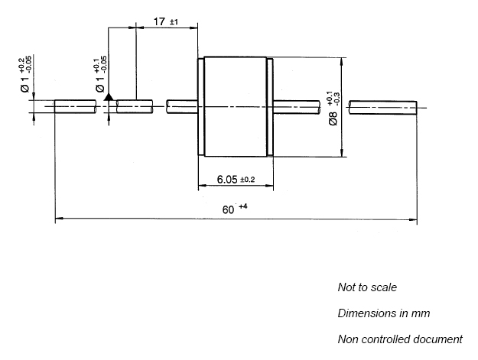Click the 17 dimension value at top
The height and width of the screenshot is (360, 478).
[x=159, y=21]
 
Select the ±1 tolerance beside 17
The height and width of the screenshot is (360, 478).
[x=174, y=22]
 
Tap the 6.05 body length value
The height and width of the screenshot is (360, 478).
[x=227, y=180]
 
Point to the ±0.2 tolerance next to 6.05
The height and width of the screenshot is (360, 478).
[x=247, y=180]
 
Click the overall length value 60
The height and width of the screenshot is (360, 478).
[x=228, y=210]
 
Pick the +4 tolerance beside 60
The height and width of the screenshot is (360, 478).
[x=243, y=207]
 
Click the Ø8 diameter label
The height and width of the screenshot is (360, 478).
[x=333, y=118]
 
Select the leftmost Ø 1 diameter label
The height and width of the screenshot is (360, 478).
[x=24, y=84]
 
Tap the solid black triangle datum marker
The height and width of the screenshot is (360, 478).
[x=109, y=97]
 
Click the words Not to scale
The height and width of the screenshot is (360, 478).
[x=367, y=287]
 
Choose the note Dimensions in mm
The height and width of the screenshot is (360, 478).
[x=384, y=313]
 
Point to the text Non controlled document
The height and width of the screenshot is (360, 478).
[x=400, y=339]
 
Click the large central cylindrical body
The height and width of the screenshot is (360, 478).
[x=235, y=106]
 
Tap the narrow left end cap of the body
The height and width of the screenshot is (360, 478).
[x=201, y=106]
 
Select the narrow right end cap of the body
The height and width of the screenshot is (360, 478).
[x=270, y=107]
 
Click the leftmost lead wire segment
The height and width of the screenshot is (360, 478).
[x=75, y=106]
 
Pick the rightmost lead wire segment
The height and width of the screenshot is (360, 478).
[x=383, y=108]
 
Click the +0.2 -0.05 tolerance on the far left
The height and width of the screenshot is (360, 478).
[x=25, y=64]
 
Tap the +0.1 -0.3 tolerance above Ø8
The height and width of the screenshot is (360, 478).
[x=333, y=98]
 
